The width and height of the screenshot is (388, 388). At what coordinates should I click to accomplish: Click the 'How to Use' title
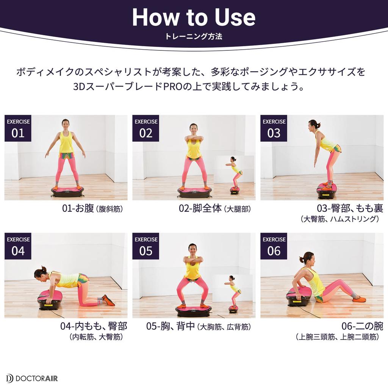[194, 17]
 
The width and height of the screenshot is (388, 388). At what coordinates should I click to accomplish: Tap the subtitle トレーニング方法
[194, 36]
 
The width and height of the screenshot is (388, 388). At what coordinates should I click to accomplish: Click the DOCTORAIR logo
[32, 379]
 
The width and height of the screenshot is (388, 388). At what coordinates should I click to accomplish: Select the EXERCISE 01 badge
[18, 128]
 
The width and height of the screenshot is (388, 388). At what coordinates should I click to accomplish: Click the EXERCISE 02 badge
[146, 128]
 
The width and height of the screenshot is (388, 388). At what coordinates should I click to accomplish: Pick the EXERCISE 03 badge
[274, 128]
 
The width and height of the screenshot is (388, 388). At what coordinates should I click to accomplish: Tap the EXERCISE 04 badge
[18, 246]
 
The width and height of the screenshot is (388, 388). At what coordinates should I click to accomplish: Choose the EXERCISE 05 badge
[146, 246]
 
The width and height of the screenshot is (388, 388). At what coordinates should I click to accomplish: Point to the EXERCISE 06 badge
[274, 246]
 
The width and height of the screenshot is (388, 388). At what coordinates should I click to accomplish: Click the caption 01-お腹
[78, 208]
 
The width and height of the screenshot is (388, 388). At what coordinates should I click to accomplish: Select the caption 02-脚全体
[200, 208]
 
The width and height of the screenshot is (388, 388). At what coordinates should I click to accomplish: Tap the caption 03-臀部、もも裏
[350, 208]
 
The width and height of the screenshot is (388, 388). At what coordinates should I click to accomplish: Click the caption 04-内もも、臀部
[94, 326]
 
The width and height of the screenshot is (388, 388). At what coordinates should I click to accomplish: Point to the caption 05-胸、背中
[171, 326]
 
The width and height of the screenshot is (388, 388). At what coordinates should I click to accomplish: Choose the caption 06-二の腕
[362, 326]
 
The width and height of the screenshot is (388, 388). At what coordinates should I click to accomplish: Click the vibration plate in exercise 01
[67, 191]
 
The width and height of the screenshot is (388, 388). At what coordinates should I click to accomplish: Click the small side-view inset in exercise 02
[234, 176]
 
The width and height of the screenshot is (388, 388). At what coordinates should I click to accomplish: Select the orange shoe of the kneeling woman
[108, 300]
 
